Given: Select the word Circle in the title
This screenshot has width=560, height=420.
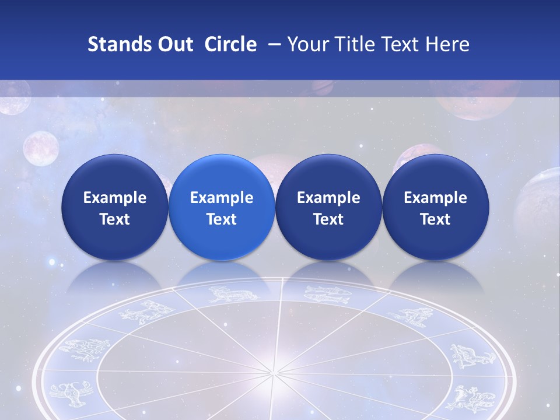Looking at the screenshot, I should coord(230,44).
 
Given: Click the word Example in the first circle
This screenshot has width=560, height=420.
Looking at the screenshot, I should coord(115,198).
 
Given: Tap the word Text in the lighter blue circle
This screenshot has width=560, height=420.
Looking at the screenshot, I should coord(222,219).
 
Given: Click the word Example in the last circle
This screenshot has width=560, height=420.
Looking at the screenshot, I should coord(435,198).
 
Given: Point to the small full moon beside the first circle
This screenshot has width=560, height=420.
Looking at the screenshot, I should coord(41,147).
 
